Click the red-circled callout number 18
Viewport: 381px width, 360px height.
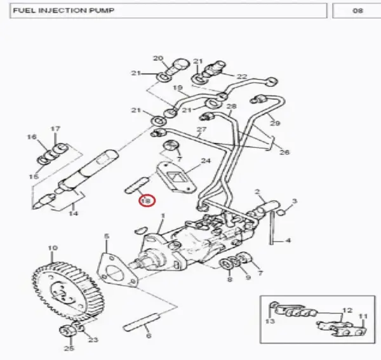tap(147, 201)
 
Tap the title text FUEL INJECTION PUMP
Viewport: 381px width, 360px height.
tap(63, 10)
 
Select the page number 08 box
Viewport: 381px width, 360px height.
tap(356, 11)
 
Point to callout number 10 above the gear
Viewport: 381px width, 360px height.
tap(53, 248)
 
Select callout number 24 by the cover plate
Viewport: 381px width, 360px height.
tap(206, 161)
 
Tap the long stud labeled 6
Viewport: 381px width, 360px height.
tap(141, 322)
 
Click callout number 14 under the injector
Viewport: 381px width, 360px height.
tap(73, 213)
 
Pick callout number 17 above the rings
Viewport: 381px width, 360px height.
tap(55, 128)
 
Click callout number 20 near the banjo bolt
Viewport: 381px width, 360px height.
tap(158, 58)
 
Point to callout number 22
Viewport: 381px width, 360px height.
tap(242, 77)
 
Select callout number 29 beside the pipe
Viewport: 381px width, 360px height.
tap(275, 123)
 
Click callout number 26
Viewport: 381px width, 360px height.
tap(284, 152)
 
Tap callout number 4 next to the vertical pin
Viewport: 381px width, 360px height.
tap(288, 241)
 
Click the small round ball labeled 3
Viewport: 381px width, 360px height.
tap(281, 213)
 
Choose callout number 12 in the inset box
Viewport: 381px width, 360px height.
tap(347, 310)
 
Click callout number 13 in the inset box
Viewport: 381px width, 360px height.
tap(270, 321)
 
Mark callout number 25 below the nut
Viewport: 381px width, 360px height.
tap(69, 348)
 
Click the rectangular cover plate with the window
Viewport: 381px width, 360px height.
tap(176, 178)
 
